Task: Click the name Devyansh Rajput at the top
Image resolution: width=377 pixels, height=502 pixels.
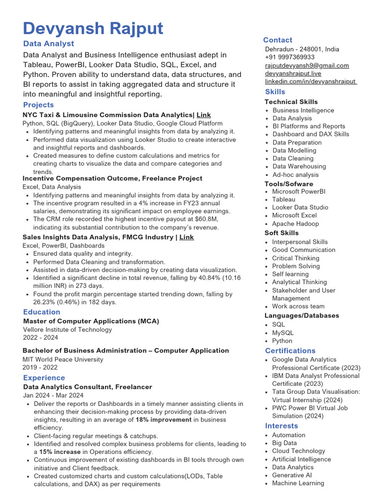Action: (93, 28)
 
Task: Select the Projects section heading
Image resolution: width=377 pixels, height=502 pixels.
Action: (38, 105)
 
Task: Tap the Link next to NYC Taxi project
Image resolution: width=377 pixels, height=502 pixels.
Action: (204, 115)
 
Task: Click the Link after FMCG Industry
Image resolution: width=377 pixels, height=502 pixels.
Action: (187, 237)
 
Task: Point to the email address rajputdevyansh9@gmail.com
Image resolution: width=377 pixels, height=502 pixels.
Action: (307, 65)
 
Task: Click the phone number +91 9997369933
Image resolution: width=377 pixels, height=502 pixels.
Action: (290, 57)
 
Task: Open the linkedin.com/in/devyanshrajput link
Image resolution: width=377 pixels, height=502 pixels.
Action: (311, 81)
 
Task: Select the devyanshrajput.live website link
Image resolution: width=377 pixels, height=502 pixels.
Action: (293, 74)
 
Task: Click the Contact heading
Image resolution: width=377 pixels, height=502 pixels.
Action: (277, 40)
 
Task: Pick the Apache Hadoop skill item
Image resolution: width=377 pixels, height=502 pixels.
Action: (296, 224)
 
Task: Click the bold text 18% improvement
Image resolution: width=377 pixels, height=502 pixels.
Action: (163, 420)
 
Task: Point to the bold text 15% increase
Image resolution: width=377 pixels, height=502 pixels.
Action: (60, 452)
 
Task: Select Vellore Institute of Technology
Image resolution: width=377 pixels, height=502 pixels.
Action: (67, 330)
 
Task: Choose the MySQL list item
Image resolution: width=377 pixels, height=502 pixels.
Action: (283, 333)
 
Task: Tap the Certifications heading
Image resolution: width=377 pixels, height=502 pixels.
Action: (290, 351)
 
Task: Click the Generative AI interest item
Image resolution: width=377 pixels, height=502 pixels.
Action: (292, 475)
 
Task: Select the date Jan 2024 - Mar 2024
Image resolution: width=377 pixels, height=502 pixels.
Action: (53, 395)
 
